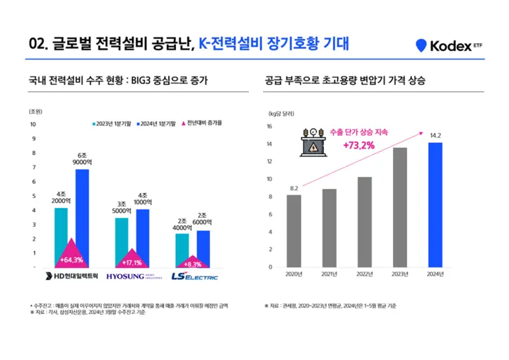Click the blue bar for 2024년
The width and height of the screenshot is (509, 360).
[435, 204]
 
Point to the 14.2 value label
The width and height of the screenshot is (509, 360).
[435, 135]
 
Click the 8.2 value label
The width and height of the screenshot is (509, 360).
[293, 187]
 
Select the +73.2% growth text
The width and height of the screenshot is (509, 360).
[359, 146]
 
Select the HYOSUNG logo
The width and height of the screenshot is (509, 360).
[132, 276]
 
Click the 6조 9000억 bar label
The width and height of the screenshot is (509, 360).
[82, 159]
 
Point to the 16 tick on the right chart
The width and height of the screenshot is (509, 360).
[269, 127]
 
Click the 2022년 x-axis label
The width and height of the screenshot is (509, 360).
[364, 274]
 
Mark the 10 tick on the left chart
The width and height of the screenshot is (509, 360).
[31, 124]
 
